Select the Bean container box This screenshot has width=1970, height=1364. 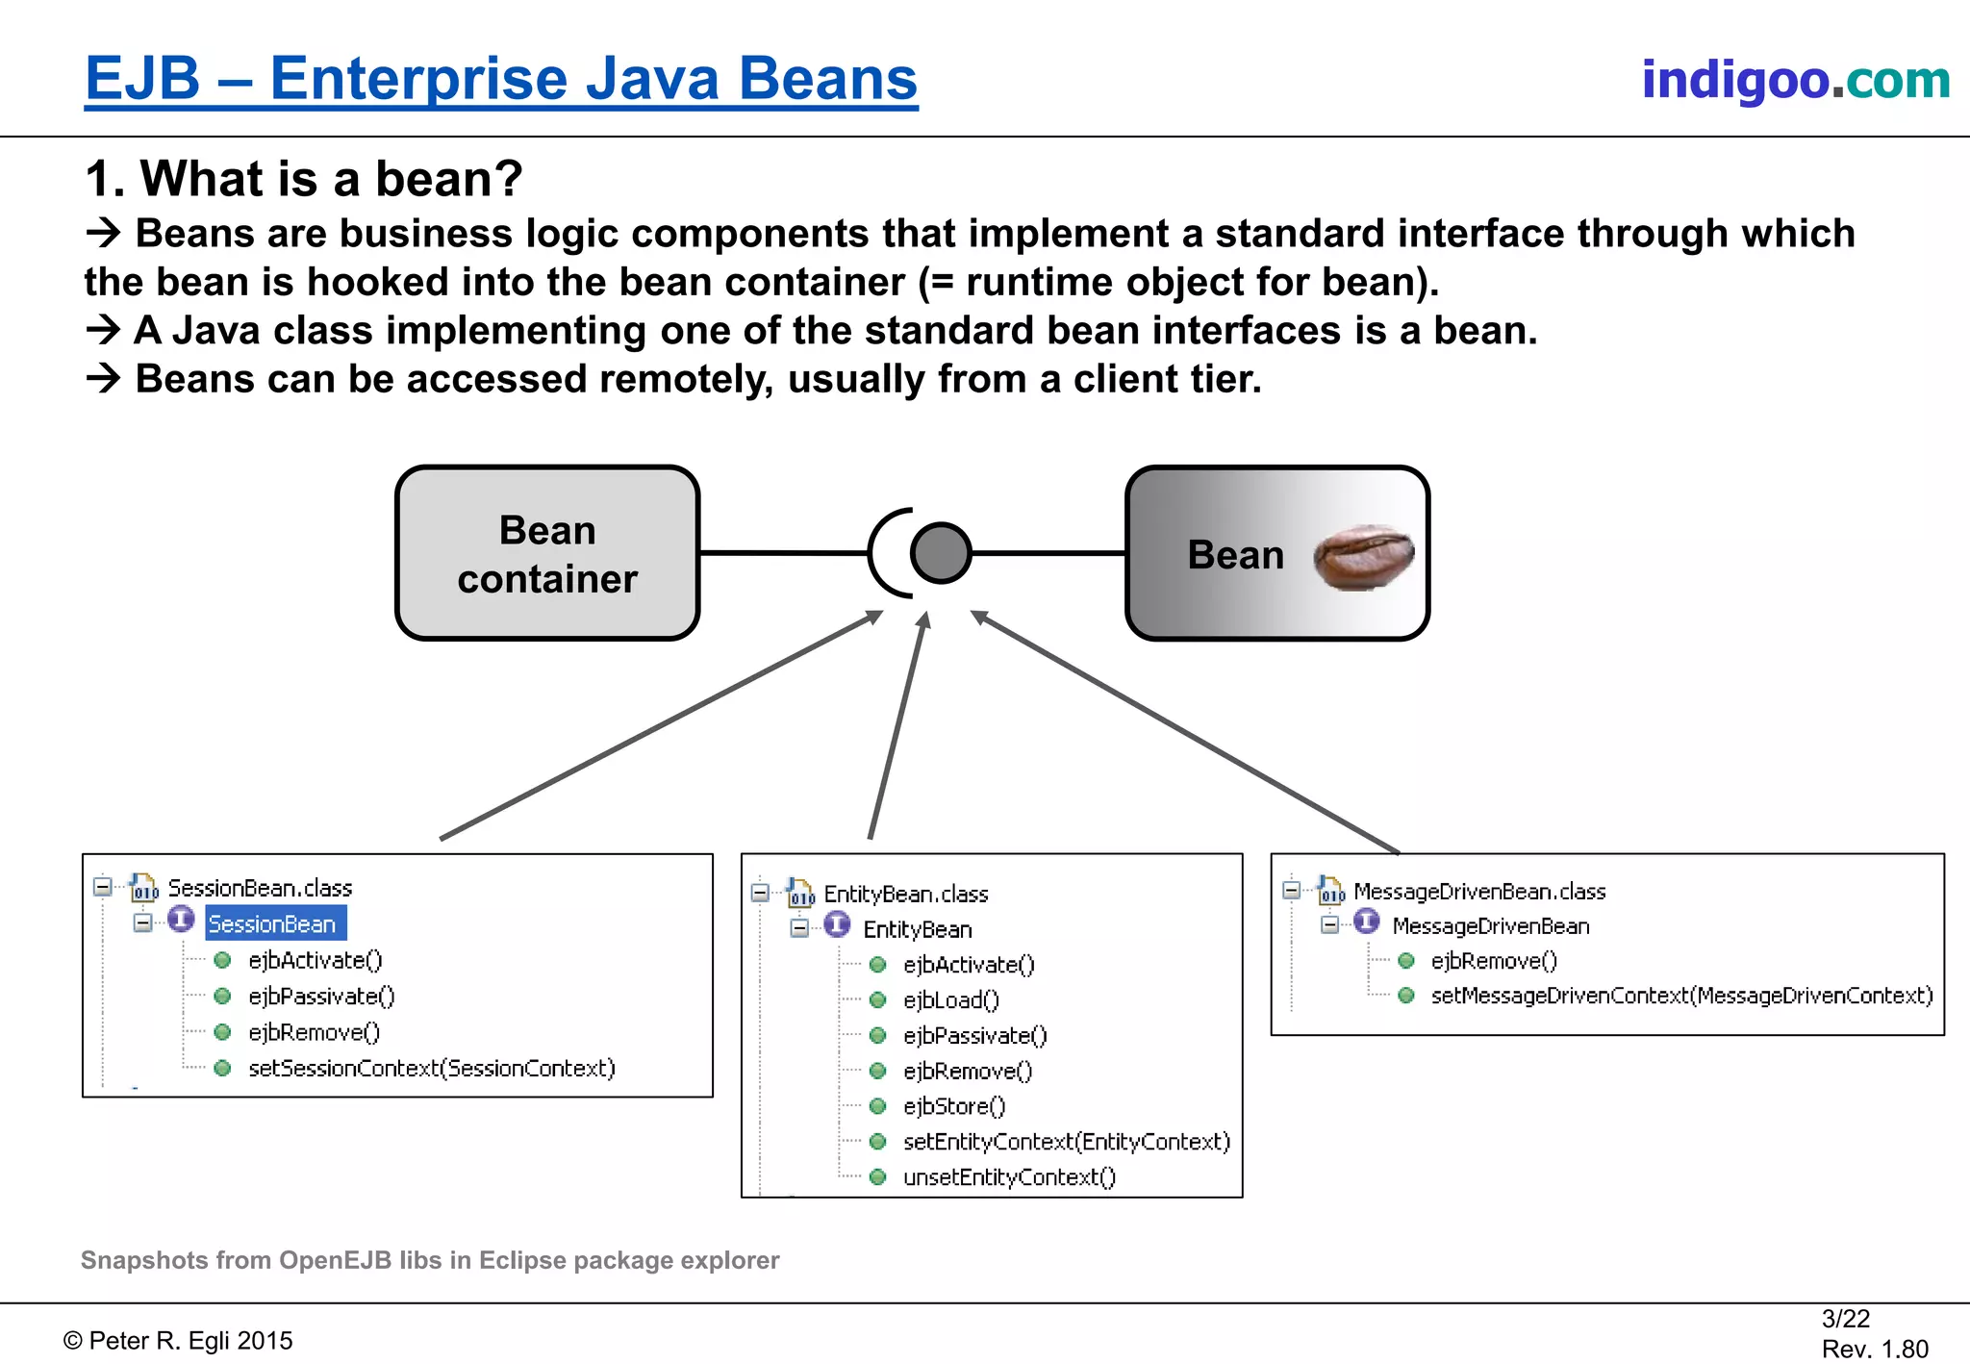(547, 554)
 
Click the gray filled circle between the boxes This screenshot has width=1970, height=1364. (940, 553)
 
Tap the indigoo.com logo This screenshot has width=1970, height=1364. (1795, 80)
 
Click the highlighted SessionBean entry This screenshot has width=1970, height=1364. (273, 923)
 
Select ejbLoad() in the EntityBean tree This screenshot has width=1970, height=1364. (950, 1000)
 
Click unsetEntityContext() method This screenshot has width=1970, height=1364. (1008, 1177)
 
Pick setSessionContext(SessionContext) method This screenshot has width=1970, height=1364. (431, 1069)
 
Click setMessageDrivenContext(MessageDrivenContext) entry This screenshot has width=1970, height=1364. (1680, 996)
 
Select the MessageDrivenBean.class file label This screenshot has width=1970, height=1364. (1478, 892)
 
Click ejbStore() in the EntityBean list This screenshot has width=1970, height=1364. (953, 1106)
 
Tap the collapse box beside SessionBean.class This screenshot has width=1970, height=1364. (103, 886)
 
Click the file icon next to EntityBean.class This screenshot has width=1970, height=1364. (800, 893)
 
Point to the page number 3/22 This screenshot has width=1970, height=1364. (1845, 1319)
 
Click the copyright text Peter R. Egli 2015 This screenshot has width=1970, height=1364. (179, 1341)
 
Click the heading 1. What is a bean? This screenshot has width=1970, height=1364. (304, 179)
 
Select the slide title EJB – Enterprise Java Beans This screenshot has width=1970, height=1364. (501, 79)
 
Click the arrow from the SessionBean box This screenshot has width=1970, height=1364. (661, 724)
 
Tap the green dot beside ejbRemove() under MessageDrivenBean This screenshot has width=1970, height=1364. (1405, 961)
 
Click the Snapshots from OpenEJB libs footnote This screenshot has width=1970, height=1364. (430, 1260)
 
